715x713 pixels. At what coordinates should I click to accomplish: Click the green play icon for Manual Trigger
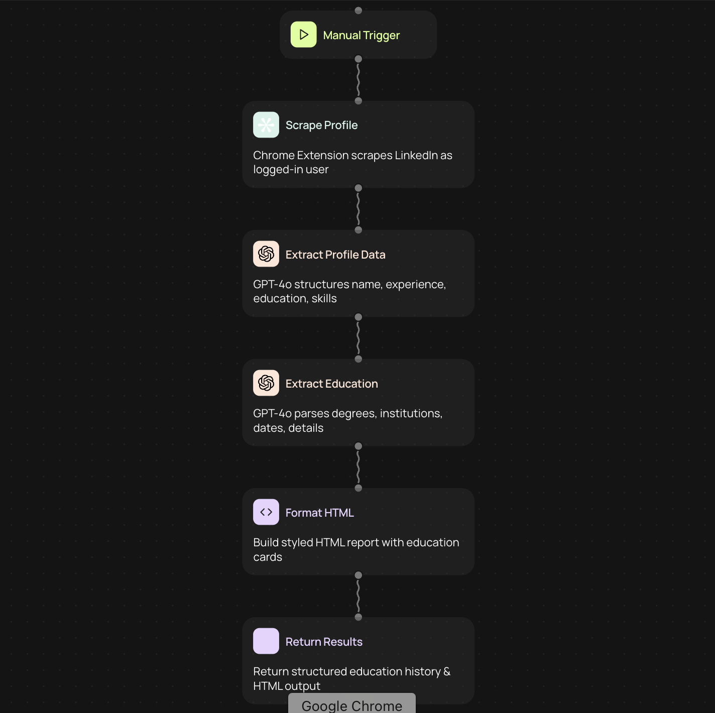[x=303, y=35]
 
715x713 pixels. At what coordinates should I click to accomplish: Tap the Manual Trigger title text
[x=361, y=35]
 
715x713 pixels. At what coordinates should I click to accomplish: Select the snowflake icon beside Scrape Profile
[x=266, y=125]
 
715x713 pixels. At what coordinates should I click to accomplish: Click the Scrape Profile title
[x=321, y=125]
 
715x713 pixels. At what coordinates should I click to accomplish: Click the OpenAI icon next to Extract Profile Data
[x=266, y=254]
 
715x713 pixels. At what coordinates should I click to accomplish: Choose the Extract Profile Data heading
[x=335, y=255]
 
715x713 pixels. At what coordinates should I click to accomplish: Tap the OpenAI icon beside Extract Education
[x=266, y=383]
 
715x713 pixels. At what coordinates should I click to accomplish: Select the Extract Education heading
[x=331, y=384]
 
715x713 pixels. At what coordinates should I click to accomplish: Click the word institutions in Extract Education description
[x=411, y=413]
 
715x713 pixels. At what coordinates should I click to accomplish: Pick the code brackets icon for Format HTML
[x=266, y=512]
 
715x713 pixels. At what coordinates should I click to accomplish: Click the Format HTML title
[x=319, y=513]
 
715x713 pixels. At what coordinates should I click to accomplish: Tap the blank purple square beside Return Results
[x=266, y=641]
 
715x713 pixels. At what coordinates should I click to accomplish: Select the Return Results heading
[x=324, y=642]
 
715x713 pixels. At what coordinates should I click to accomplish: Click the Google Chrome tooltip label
[x=351, y=705]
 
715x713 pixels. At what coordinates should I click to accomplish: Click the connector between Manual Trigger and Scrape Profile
[x=358, y=80]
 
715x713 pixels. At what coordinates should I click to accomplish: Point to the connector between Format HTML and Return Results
[x=358, y=596]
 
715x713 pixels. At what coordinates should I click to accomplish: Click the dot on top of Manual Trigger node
[x=359, y=11]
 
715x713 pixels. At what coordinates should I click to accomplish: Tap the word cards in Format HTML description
[x=268, y=557]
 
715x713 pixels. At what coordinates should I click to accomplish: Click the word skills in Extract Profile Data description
[x=324, y=298]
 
